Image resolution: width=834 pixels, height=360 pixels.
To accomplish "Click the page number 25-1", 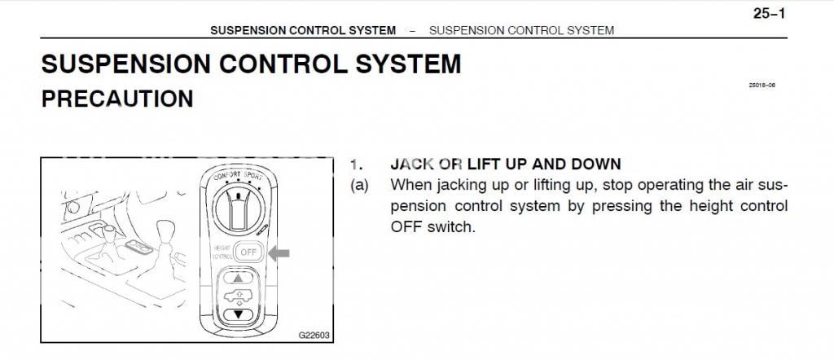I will click(x=770, y=13).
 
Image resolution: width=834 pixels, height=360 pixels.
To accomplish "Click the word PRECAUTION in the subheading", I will click(x=117, y=99).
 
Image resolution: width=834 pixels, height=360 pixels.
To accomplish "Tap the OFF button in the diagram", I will click(x=248, y=253).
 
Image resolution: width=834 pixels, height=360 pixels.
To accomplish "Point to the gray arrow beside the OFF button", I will click(x=279, y=253).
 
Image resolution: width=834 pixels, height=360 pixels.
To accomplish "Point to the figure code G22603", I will click(x=314, y=335).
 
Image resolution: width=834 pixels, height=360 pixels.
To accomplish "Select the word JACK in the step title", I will click(x=410, y=164).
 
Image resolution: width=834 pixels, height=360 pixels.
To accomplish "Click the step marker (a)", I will click(x=359, y=186).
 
